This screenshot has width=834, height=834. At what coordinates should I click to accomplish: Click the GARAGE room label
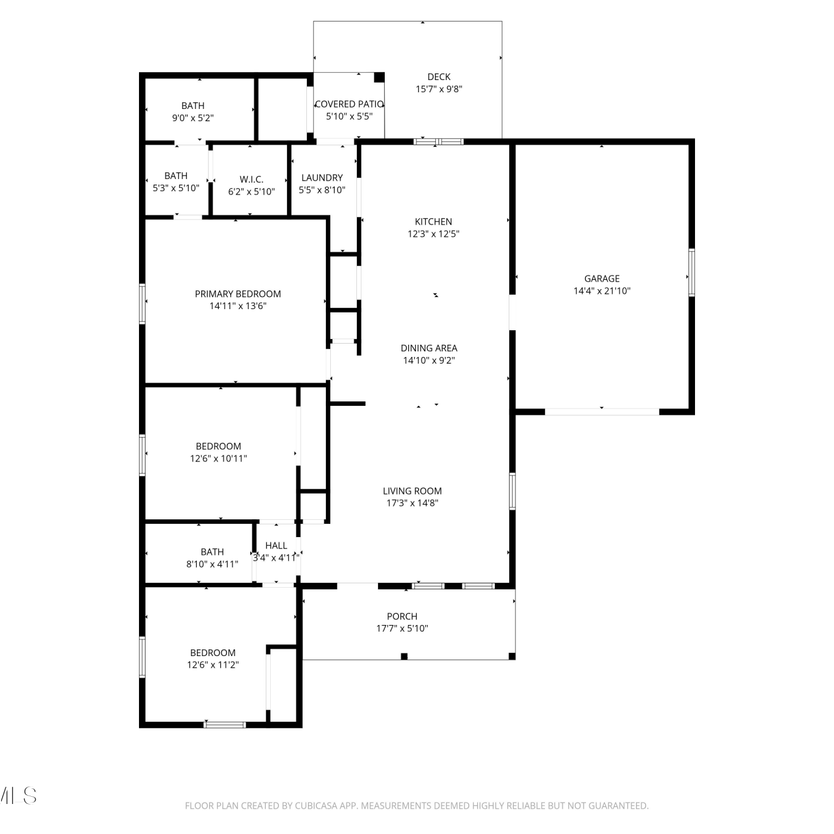pyautogui.click(x=602, y=279)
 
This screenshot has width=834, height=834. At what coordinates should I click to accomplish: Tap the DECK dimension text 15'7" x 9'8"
pyautogui.click(x=439, y=89)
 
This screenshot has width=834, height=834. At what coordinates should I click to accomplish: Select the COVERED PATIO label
pyautogui.click(x=349, y=104)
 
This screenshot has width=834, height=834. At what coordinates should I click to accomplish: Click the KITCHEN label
pyautogui.click(x=434, y=222)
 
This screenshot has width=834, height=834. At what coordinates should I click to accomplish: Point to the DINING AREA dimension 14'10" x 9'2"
pyautogui.click(x=429, y=360)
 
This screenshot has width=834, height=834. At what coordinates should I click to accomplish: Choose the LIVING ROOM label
pyautogui.click(x=413, y=491)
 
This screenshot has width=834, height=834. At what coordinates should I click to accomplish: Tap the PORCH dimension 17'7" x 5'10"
pyautogui.click(x=402, y=628)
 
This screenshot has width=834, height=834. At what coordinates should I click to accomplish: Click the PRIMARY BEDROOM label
pyautogui.click(x=238, y=294)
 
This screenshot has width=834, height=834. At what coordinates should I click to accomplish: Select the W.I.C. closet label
pyautogui.click(x=251, y=180)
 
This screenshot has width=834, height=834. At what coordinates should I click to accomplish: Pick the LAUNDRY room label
pyautogui.click(x=322, y=178)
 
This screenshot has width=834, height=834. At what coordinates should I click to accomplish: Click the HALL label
pyautogui.click(x=276, y=545)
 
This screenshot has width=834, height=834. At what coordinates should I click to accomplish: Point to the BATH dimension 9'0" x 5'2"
pyautogui.click(x=193, y=118)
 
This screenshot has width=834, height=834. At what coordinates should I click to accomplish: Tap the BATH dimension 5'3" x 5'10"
pyautogui.click(x=176, y=188)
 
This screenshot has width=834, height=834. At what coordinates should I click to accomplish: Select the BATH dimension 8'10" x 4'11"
pyautogui.click(x=212, y=564)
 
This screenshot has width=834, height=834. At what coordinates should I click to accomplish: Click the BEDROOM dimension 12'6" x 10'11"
pyautogui.click(x=219, y=459)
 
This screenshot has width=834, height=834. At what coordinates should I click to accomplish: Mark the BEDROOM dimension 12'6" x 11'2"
pyautogui.click(x=213, y=665)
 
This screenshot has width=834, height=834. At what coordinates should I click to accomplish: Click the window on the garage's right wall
pyautogui.click(x=692, y=272)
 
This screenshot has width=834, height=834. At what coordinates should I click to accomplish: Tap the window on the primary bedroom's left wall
pyautogui.click(x=142, y=304)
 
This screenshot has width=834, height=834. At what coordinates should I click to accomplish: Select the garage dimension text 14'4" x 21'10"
pyautogui.click(x=602, y=291)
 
